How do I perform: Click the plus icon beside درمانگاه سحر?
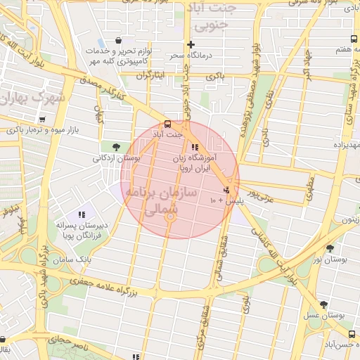tap(191, 45)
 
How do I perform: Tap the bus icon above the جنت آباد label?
tap(167, 122)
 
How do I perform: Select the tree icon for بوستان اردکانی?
tap(115, 146)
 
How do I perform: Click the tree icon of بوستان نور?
tap(330, 248)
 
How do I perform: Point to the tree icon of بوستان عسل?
tap(323, 304)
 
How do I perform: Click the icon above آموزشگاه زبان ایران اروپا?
tap(195, 147)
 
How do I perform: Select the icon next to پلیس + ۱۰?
tap(226, 190)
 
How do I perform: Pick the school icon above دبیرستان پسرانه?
tap(82, 214)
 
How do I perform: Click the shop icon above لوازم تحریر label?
tap(118, 40)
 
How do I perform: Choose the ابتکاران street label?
tap(148, 75)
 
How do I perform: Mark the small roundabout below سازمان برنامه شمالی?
tap(169, 217)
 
